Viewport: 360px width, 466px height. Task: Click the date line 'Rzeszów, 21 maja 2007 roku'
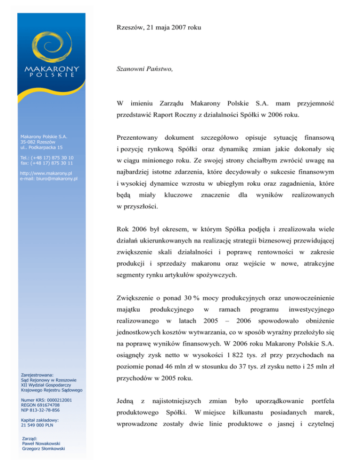159,28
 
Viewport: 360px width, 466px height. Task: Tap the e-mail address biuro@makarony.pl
49,178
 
